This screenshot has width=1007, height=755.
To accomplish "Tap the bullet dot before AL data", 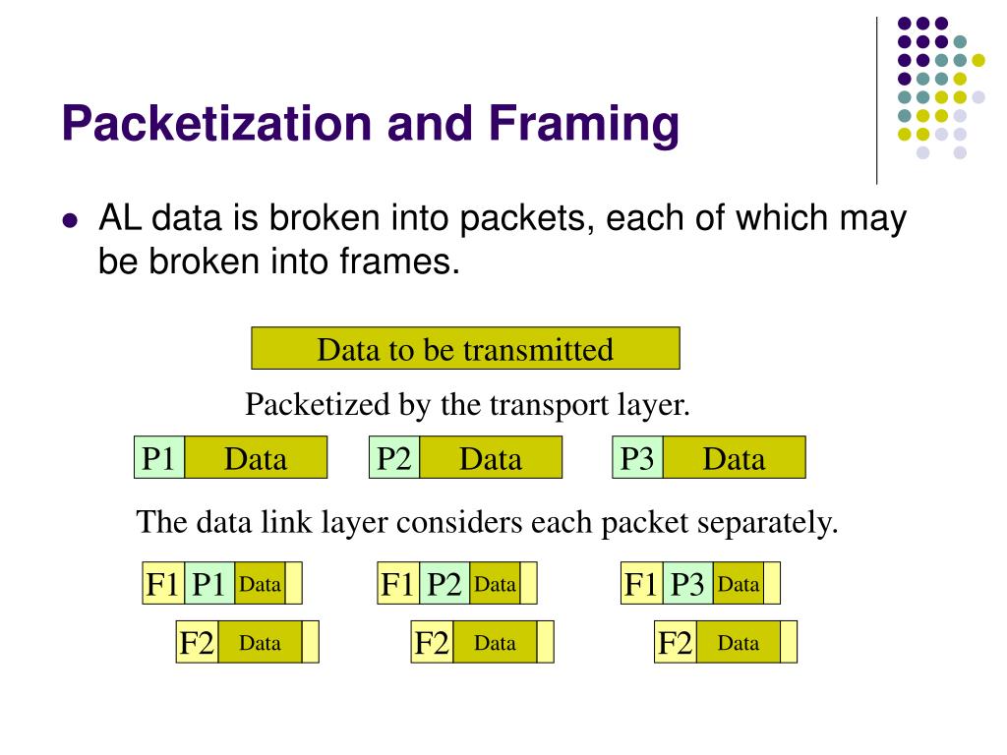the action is click(x=69, y=222).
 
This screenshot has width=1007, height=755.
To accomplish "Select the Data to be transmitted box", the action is click(x=465, y=349).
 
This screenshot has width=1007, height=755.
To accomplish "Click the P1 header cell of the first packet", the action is click(x=159, y=458).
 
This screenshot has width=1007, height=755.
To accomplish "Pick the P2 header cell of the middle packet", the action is click(x=394, y=458).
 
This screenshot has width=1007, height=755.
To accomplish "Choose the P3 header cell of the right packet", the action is click(x=637, y=458).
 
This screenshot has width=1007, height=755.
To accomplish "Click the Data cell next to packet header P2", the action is click(x=490, y=458).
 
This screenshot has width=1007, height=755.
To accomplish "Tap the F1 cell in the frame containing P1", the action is click(x=163, y=585).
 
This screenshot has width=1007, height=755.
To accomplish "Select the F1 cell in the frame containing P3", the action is click(x=641, y=585).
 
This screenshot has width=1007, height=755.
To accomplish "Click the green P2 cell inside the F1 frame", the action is click(x=444, y=585).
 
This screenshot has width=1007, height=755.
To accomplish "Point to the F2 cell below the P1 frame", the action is click(x=197, y=644).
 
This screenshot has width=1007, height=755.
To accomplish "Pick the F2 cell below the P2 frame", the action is click(x=432, y=644).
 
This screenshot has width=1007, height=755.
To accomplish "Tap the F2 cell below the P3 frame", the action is click(x=676, y=644).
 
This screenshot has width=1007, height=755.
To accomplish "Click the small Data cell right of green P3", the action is click(x=739, y=585).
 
